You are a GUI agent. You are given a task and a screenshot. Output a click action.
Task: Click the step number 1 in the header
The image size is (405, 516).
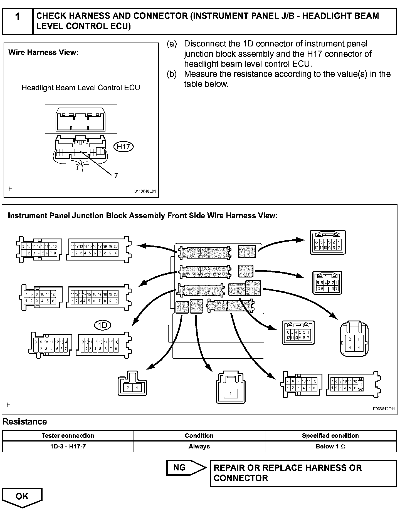[18, 17]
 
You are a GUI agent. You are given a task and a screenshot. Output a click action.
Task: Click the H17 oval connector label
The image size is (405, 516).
[124, 147]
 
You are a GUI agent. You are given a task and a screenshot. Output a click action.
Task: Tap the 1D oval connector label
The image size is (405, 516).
[103, 325]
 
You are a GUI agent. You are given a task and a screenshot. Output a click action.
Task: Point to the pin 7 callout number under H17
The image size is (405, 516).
[116, 175]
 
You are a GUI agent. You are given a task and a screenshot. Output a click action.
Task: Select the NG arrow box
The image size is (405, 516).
[186, 468]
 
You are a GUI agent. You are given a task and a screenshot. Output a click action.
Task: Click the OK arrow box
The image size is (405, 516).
[22, 497]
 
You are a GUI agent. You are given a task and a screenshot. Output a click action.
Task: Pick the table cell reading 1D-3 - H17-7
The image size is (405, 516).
[68, 446]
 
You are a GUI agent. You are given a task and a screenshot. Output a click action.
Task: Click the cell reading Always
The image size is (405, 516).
[199, 446]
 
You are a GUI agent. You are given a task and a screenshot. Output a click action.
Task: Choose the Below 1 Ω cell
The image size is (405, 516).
[330, 446]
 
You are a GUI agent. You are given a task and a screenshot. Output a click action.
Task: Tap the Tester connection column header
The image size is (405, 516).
[68, 436]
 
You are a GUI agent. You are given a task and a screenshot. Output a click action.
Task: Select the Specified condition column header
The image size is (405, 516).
[330, 436]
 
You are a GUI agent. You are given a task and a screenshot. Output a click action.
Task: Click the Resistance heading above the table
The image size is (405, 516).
[25, 422]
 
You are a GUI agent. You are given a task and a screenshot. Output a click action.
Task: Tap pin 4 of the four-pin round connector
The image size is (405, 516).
[350, 347]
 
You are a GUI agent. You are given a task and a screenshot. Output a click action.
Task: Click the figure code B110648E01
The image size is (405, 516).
[145, 191]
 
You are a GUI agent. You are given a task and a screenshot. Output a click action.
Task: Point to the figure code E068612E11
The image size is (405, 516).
[384, 409]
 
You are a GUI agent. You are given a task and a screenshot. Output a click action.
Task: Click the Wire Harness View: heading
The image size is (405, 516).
[44, 52]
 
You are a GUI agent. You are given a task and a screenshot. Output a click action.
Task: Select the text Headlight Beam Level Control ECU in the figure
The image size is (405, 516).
[81, 88]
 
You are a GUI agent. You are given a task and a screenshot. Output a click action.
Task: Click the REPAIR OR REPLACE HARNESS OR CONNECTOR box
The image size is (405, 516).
[303, 473]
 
